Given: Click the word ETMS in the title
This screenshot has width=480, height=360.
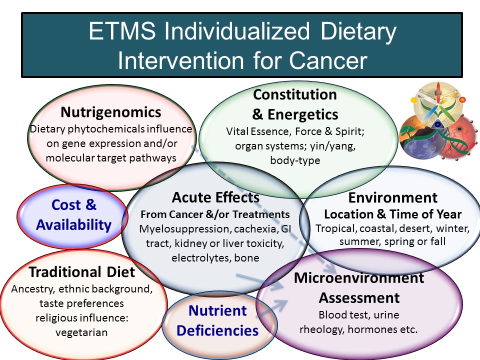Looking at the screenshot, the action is pos(122,31).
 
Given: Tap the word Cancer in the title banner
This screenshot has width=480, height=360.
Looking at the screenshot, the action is pos(328,60).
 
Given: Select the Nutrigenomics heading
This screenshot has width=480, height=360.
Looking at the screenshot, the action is pos(111,112).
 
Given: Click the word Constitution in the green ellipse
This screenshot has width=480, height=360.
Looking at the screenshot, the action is pos(295,94).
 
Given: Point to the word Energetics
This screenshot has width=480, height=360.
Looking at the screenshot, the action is pos(303,114).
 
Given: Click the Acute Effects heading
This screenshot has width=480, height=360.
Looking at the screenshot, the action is pos(215,197).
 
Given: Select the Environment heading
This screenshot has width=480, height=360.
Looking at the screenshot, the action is pos(393,198).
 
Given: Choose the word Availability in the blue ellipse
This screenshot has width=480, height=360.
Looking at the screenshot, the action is pos(74,224).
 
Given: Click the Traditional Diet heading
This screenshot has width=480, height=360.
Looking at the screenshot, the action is pos(81,272).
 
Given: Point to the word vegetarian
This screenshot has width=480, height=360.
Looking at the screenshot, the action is pos(81,332).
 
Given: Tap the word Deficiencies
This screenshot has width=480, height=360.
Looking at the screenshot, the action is pos(217,330).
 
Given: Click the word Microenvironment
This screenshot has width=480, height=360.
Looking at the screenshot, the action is pos(359,278).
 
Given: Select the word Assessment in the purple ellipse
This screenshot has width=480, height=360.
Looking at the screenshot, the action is pos(359,298).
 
